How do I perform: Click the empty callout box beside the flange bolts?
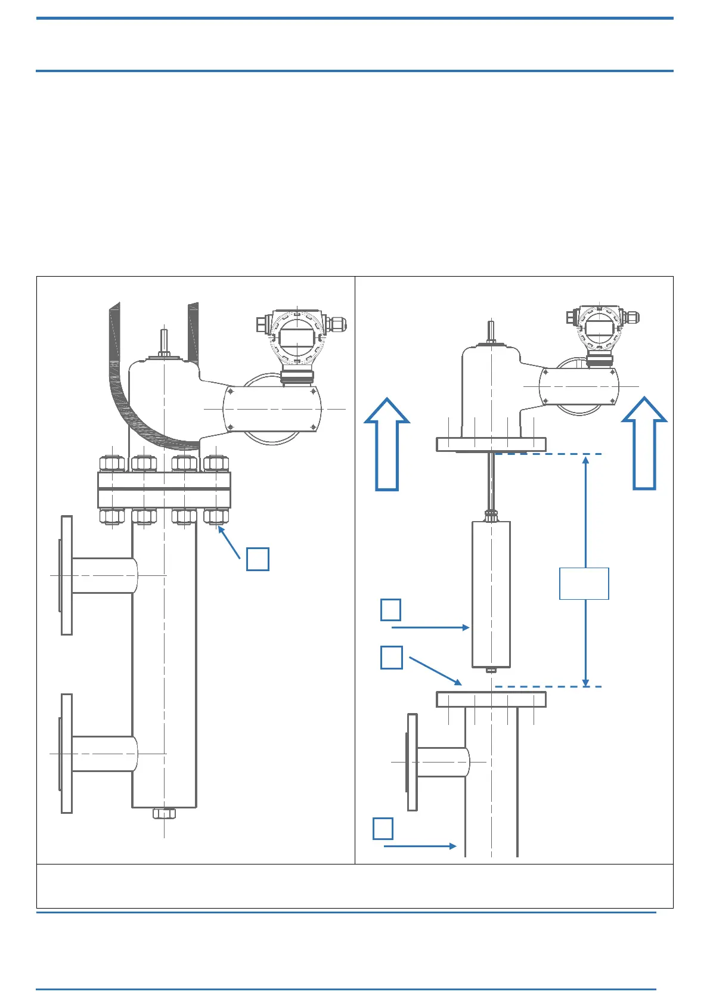[258, 559]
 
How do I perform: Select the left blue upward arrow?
[387, 445]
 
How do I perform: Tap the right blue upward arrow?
[644, 445]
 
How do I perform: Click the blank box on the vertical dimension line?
[584, 584]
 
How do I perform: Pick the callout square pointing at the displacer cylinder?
[390, 610]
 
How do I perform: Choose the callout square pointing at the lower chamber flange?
[391, 657]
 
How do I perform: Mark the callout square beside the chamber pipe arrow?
[383, 829]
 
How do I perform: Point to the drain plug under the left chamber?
[164, 813]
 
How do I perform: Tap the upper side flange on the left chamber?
[66, 575]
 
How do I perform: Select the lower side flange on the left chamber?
[66, 754]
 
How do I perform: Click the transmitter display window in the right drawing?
[599, 327]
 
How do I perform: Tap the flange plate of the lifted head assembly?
[491, 444]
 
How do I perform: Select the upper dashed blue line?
[548, 454]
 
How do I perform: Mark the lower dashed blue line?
[548, 687]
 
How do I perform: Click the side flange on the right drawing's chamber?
[412, 762]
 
